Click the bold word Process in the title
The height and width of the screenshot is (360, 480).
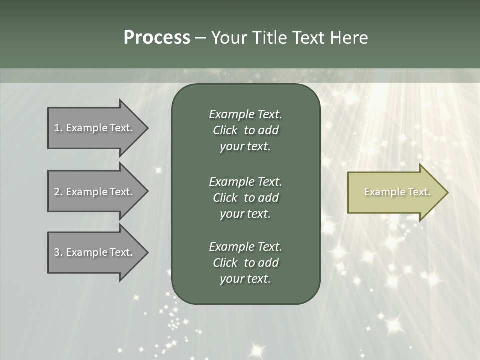[157, 38]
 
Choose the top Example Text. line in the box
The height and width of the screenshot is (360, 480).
[245, 114]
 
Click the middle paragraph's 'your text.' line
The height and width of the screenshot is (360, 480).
[245, 214]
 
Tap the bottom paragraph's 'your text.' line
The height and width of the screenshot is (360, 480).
[245, 279]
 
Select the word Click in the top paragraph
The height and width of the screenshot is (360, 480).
[225, 130]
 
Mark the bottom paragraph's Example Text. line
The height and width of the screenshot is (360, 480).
[245, 247]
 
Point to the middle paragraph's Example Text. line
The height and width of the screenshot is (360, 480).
[245, 182]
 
